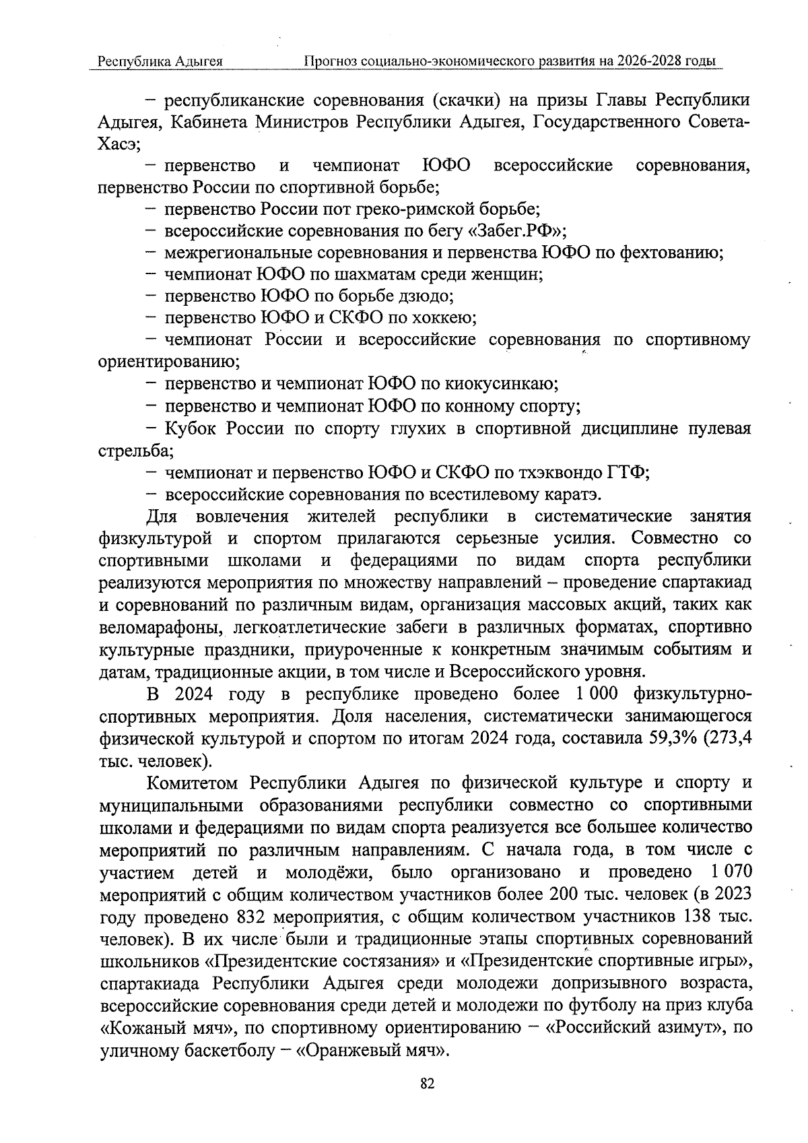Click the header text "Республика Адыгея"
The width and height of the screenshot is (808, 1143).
[x=160, y=62]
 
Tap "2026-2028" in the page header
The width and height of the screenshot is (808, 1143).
[x=648, y=61]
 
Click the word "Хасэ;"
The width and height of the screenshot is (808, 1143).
[x=119, y=144]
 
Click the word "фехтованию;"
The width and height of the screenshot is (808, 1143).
[x=671, y=253]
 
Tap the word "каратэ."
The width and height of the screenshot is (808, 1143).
[x=572, y=495]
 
